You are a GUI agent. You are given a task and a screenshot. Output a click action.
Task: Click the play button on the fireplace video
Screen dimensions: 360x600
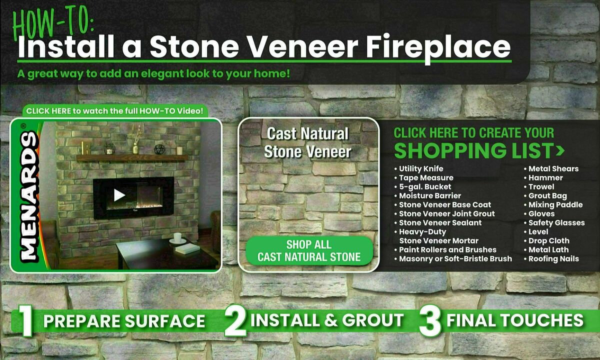click(x=119, y=195)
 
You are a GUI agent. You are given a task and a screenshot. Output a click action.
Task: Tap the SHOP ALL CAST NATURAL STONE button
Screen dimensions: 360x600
click(x=309, y=251)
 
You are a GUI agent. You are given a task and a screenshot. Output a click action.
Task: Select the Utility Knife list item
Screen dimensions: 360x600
click(x=421, y=169)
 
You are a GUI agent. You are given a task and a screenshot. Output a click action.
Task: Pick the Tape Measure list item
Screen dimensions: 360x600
click(x=426, y=178)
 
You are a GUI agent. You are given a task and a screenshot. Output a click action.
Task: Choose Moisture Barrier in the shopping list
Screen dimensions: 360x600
click(x=429, y=196)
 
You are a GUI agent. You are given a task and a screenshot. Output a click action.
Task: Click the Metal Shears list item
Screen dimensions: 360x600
click(x=553, y=169)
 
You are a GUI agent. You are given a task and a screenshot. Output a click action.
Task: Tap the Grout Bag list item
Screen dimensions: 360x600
click(x=547, y=196)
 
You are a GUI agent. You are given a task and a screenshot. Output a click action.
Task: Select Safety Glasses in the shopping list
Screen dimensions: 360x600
click(x=556, y=223)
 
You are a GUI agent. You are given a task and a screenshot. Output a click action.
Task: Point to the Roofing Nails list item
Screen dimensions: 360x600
click(x=553, y=259)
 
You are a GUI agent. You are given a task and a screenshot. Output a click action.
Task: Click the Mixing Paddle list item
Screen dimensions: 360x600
click(x=555, y=205)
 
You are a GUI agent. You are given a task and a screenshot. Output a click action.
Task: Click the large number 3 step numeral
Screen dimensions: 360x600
click(x=429, y=321)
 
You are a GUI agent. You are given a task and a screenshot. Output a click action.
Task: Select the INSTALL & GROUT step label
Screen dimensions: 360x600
click(x=327, y=320)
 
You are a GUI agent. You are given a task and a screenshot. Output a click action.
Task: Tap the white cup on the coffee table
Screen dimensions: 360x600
click(x=177, y=237)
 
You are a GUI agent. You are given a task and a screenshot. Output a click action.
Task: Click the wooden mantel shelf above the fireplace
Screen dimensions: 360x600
click(x=132, y=158)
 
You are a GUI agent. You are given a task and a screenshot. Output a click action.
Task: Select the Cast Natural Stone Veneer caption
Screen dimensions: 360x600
click(x=307, y=142)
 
